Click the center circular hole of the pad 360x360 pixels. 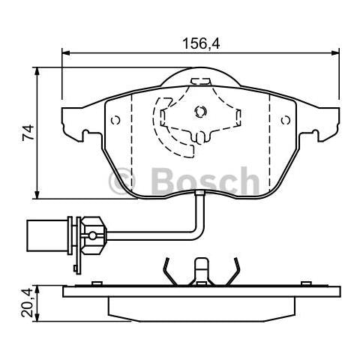[199, 112]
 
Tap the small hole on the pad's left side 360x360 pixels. [115, 120]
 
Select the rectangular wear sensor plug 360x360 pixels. [46, 235]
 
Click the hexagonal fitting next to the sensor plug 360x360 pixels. [91, 235]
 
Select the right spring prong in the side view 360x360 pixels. [235, 270]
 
